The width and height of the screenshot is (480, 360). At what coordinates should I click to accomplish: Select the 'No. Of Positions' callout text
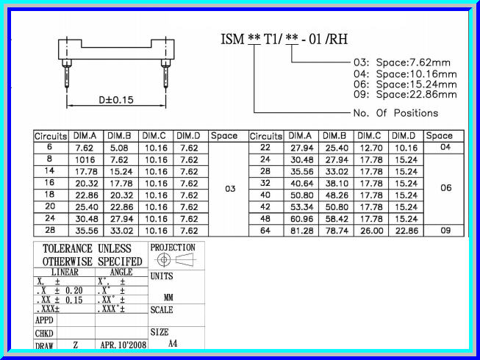tap(395, 112)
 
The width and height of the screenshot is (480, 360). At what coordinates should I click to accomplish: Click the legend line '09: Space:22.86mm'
tap(405, 94)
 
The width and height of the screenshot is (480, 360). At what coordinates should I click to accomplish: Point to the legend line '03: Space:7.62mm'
tap(402, 62)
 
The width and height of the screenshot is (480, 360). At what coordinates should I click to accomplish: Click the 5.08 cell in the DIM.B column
tap(121, 147)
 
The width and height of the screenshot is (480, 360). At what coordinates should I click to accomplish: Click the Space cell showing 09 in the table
tap(445, 230)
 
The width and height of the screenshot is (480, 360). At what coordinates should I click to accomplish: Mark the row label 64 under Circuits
tap(265, 230)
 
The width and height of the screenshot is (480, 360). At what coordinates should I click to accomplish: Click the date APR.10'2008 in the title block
tap(121, 345)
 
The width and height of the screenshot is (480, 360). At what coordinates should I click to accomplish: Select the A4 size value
tap(173, 343)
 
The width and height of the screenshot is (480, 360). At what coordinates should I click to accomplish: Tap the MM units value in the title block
tap(168, 298)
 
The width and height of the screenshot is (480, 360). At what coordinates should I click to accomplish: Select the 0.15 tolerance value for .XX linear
tap(74, 300)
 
